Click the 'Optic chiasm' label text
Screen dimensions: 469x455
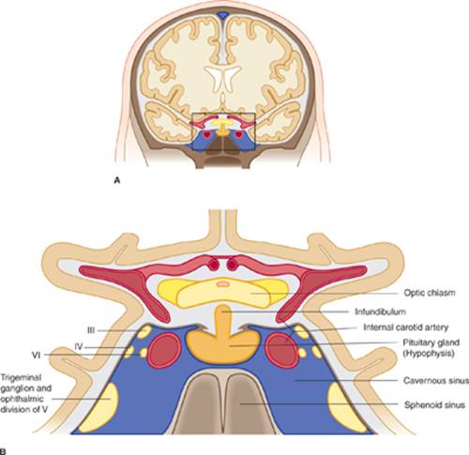tap(430, 293)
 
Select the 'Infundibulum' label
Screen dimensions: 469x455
tap(380, 311)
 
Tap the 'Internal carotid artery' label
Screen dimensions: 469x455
tap(406, 327)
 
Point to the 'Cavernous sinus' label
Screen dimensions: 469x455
tap(436, 381)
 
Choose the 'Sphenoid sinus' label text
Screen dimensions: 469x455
tap(434, 405)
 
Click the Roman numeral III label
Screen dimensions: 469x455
tap(91, 330)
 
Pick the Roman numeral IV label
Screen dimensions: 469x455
tap(79, 346)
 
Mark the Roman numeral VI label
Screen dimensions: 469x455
tap(37, 356)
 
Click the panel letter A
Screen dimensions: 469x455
tap(117, 180)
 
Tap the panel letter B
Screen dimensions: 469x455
tap(3, 452)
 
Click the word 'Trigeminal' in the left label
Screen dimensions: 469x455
tap(21, 378)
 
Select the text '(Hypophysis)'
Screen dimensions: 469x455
tap(429, 355)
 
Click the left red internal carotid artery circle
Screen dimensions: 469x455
tap(164, 351)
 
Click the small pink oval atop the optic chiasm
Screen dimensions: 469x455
tap(223, 284)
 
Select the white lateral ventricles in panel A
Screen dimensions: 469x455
tap(222, 77)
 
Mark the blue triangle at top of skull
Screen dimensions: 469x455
tap(222, 15)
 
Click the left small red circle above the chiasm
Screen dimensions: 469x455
tap(214, 265)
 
